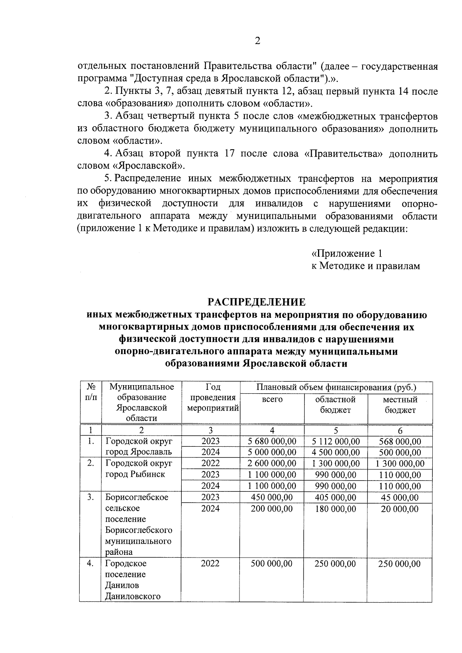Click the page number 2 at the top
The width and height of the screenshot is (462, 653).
click(258, 41)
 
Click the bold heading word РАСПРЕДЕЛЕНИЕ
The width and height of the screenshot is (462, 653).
click(257, 301)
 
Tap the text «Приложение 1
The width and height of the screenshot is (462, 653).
click(346, 254)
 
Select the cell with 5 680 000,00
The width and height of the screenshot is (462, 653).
click(272, 441)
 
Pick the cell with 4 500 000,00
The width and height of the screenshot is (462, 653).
click(336, 453)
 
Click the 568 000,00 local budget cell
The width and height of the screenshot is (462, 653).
click(400, 441)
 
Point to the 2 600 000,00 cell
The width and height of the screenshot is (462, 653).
click(272, 463)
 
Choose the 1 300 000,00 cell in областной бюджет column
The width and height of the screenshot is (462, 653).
click(336, 463)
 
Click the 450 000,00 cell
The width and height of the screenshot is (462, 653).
click(272, 497)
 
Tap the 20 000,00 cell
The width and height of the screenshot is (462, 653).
click(400, 509)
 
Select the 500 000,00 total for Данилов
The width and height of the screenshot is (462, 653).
click(272, 564)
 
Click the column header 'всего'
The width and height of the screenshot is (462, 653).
click(272, 399)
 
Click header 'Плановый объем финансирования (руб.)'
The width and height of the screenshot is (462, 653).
click(336, 387)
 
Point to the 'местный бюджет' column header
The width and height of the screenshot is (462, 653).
click(400, 405)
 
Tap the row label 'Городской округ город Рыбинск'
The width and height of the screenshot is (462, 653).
click(139, 469)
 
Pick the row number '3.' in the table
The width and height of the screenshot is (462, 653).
click(90, 497)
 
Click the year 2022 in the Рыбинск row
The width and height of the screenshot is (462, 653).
click(211, 463)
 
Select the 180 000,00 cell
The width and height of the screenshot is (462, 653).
click(336, 509)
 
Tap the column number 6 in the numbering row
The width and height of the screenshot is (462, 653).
click(400, 431)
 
